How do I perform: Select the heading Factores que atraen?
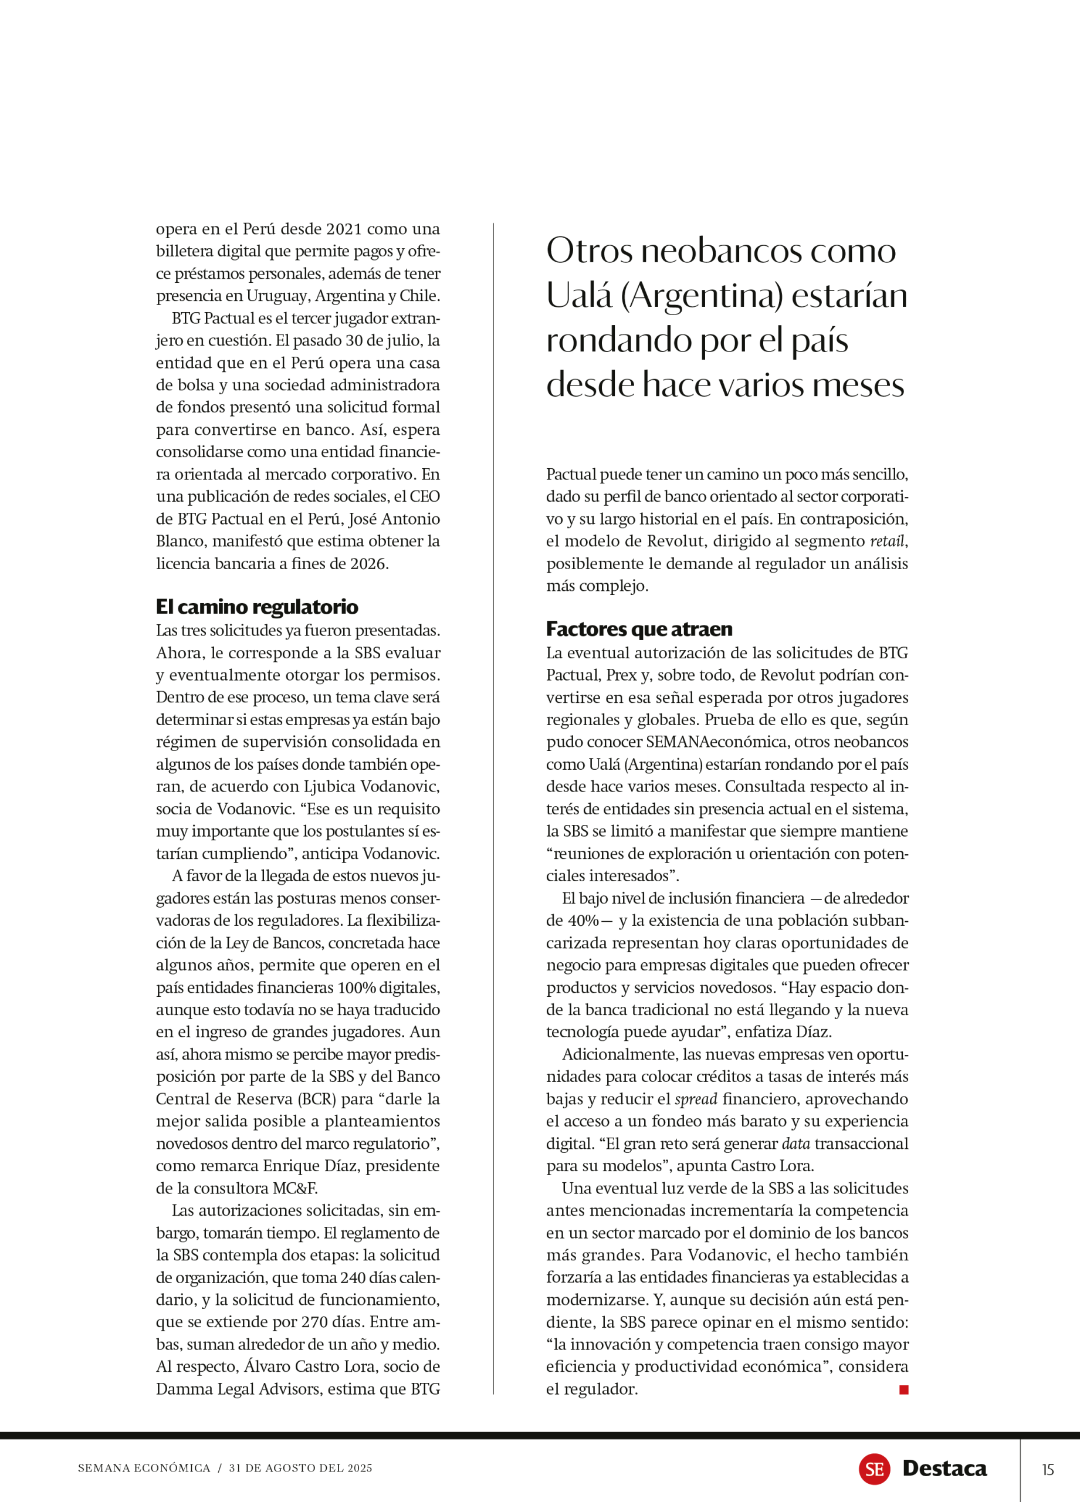coord(639,628)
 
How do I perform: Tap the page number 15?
coord(1048,1470)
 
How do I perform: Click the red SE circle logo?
coord(874,1469)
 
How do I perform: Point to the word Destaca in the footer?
coord(944,1469)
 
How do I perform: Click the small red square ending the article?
coord(903,1390)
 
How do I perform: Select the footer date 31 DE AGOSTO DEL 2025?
coord(300,1468)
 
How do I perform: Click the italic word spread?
coord(696,1100)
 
